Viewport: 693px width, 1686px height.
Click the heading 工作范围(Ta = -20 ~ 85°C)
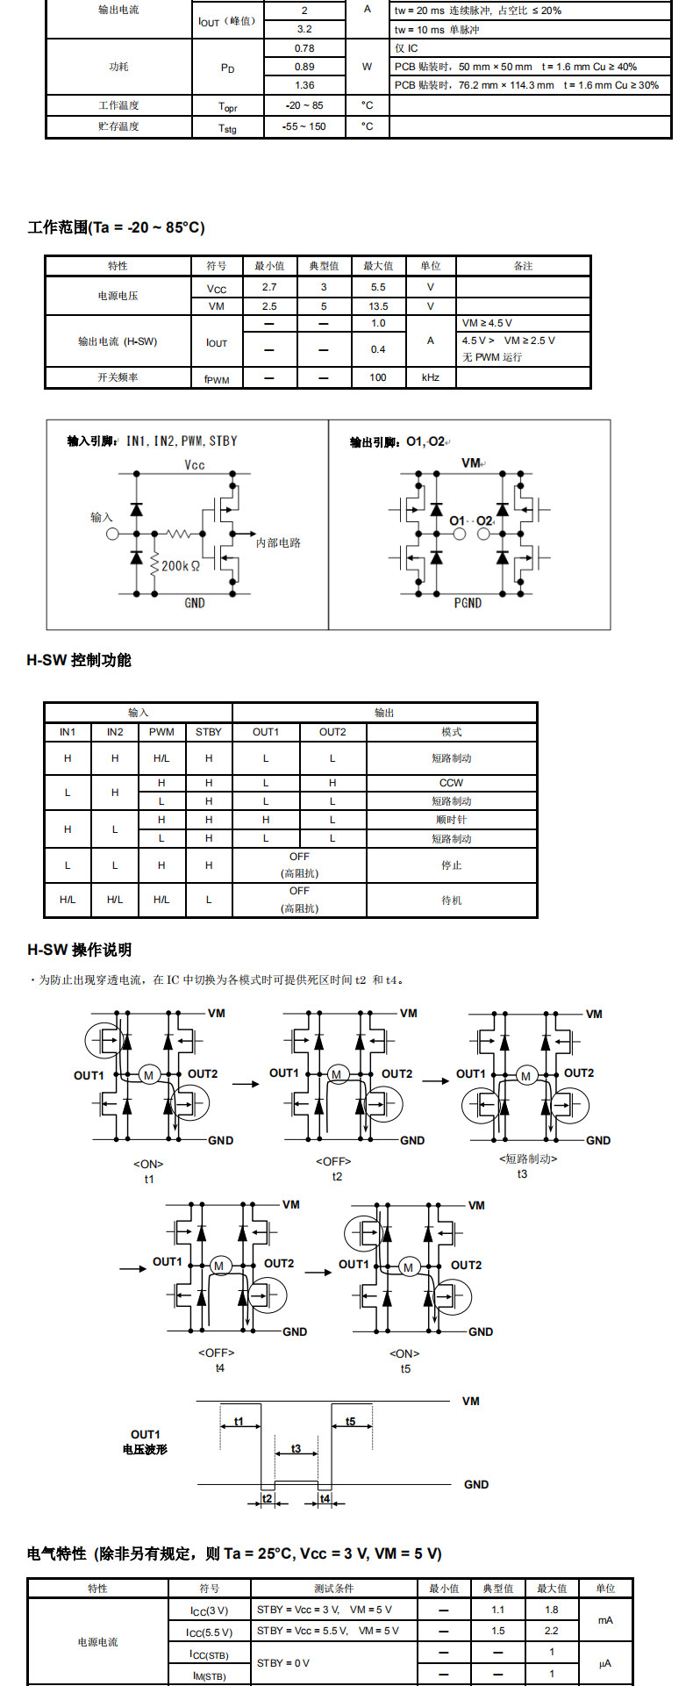coord(116,227)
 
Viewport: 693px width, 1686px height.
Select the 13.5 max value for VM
coord(378,306)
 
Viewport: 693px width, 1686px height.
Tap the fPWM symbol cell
coord(217,378)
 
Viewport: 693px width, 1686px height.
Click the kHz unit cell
coord(430,377)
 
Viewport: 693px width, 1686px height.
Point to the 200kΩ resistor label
coord(180,566)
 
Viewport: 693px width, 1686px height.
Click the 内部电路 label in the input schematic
coord(278,543)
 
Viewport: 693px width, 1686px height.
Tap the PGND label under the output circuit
coord(468,603)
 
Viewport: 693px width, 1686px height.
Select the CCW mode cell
coord(451,783)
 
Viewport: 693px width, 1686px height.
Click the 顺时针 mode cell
coord(451,820)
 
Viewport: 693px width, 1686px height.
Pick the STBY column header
coord(209,732)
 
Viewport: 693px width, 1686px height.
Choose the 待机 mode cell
coord(451,900)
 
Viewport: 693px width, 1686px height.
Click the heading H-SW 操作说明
coord(79,950)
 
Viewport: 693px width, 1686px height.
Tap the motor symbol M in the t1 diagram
coord(148,1075)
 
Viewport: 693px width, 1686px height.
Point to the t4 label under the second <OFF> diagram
coord(219,1367)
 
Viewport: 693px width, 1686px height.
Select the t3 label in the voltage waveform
coord(296,1448)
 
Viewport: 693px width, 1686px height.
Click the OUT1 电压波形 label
coord(145,1442)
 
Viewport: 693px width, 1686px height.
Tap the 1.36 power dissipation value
coord(304,85)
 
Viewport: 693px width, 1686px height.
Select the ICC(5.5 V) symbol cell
coord(210,1632)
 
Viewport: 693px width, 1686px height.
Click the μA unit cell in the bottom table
coord(605,1663)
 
